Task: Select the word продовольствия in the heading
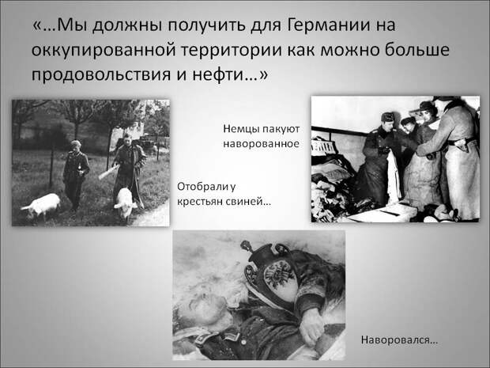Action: pyautogui.click(x=101, y=75)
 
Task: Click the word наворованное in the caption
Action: pyautogui.click(x=261, y=144)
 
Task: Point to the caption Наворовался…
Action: pyautogui.click(x=399, y=340)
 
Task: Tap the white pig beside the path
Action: pyautogui.click(x=126, y=203)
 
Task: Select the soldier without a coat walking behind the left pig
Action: pyautogui.click(x=75, y=174)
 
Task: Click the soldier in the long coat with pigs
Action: pyautogui.click(x=129, y=165)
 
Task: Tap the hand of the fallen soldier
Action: pyautogui.click(x=311, y=326)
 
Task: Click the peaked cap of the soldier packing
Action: pyautogui.click(x=388, y=117)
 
